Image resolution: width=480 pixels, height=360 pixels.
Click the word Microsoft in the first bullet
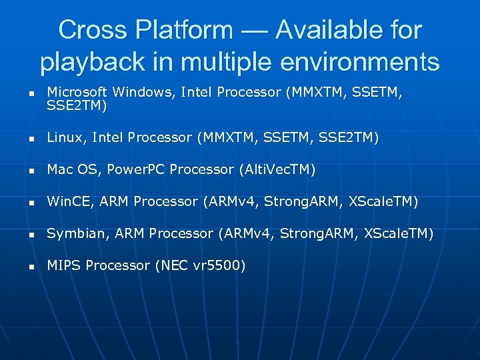tap(77, 91)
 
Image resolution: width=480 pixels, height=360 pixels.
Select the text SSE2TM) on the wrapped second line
tap(75, 105)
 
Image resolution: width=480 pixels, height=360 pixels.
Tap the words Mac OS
tap(72, 169)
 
